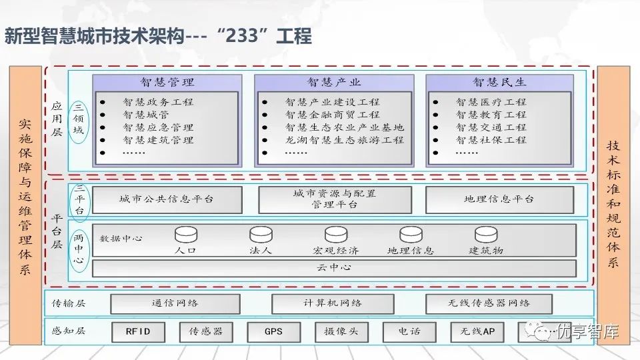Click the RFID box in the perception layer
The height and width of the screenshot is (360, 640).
[137, 331]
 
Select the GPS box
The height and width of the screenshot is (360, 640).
[273, 331]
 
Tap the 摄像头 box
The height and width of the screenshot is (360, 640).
[341, 331]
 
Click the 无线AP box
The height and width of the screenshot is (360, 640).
[477, 331]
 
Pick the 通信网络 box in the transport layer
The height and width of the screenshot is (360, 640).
[175, 303]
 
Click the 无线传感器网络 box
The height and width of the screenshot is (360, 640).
[489, 303]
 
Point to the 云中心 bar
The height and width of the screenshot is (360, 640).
[334, 268]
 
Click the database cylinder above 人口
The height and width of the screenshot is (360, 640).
[186, 235]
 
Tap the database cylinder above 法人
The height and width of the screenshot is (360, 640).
[261, 235]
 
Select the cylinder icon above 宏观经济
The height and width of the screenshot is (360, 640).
[336, 235]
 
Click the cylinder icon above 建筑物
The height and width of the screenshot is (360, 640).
[486, 235]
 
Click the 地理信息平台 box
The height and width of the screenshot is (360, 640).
[499, 199]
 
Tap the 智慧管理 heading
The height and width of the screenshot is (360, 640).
[167, 83]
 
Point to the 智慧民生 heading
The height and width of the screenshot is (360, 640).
[499, 83]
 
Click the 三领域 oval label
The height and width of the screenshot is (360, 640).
[79, 119]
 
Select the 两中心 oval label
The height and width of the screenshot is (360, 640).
[79, 248]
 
